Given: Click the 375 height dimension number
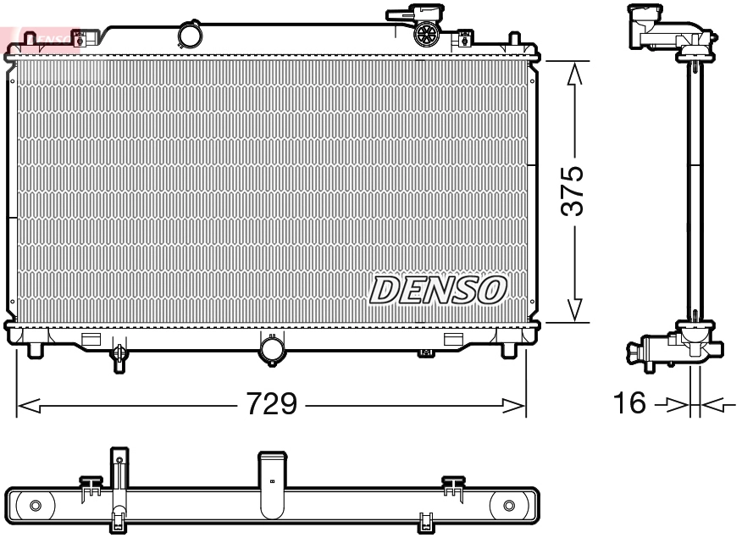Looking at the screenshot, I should point(573,191).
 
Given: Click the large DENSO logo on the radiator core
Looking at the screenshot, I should point(438,291).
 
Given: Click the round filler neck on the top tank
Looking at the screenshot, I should point(191,36).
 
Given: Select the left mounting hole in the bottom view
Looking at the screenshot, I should point(35,506).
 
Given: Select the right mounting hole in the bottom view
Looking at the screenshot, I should point(508,506).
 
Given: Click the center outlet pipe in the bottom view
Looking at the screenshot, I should point(271,483).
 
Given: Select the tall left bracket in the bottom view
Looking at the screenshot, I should point(119,483).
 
